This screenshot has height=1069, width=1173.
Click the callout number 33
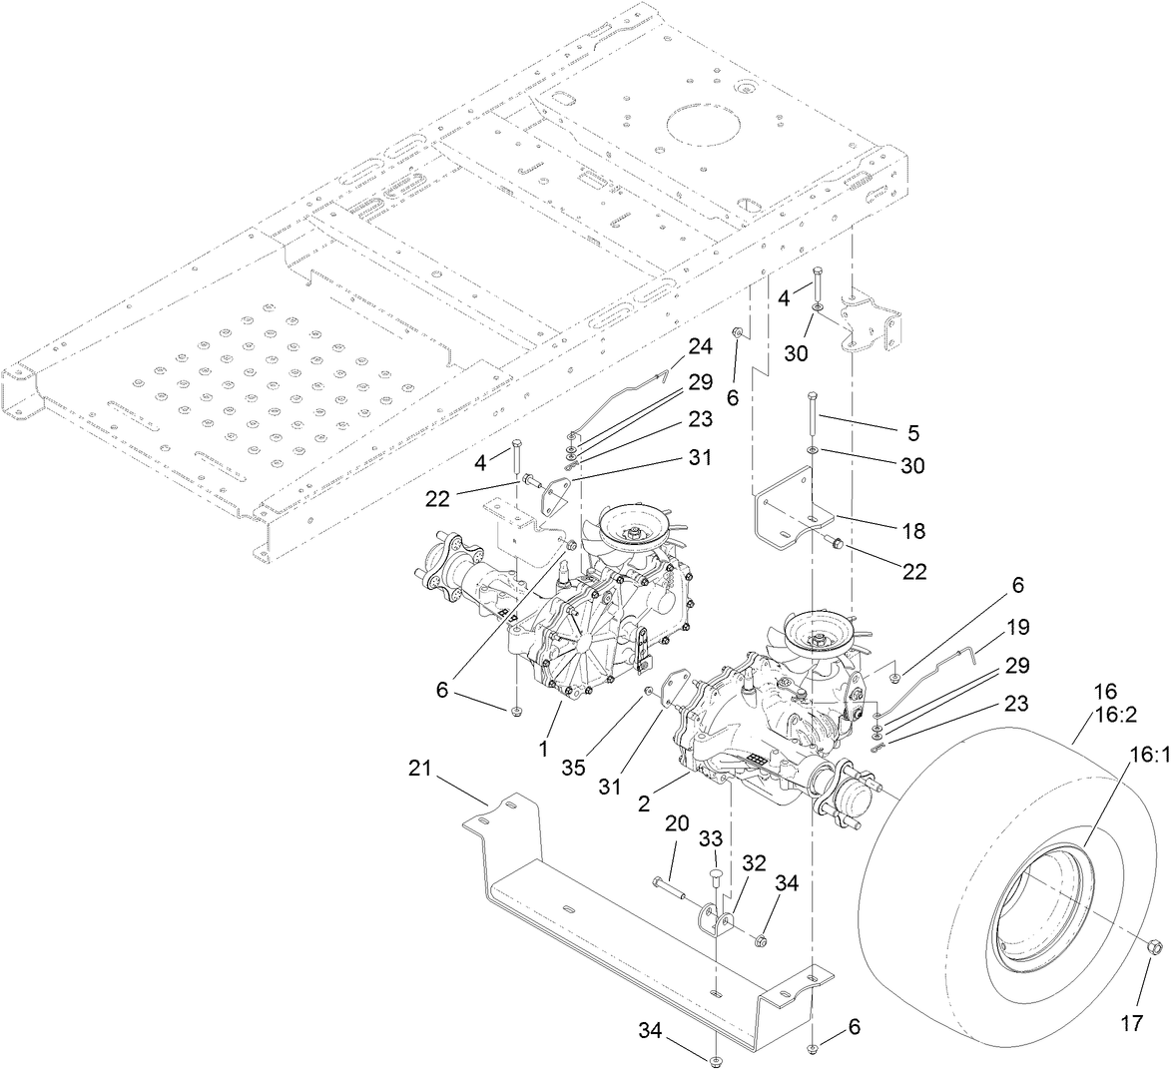click(x=711, y=840)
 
